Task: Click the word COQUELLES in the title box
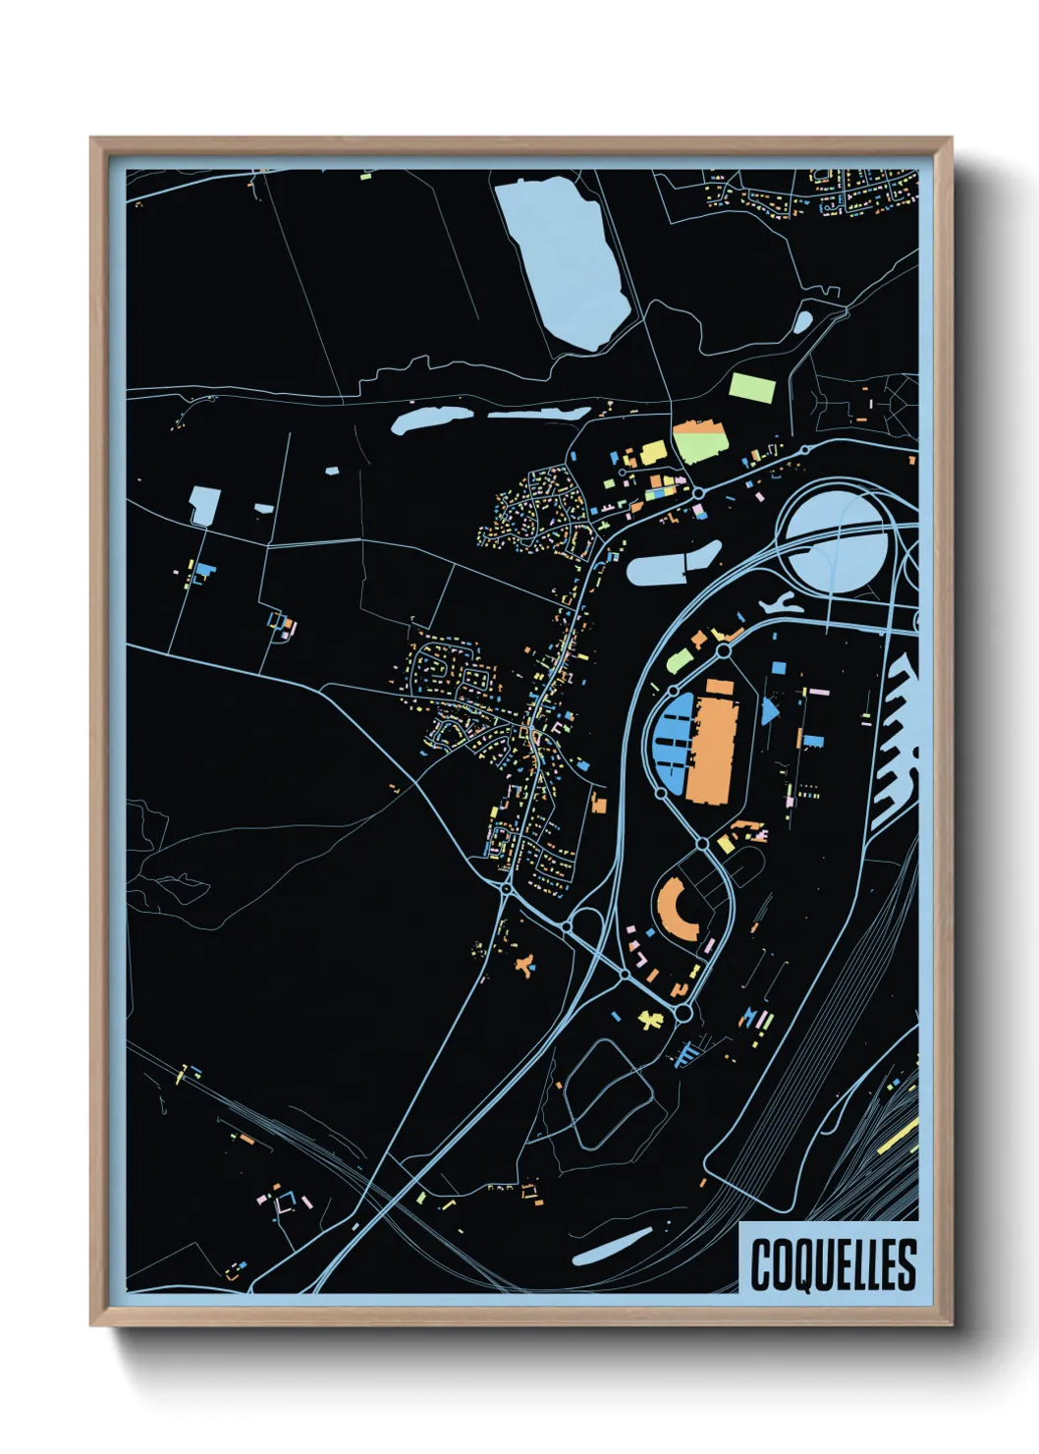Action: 833,1264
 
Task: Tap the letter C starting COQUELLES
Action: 761,1264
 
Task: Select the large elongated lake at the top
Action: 564,260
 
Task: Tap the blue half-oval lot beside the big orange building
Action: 672,742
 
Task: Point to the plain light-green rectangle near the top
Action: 752,387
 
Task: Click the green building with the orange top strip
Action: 700,442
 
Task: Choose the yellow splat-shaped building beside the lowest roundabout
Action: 651,1019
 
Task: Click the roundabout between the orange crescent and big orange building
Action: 703,843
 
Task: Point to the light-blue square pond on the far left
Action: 204,505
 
